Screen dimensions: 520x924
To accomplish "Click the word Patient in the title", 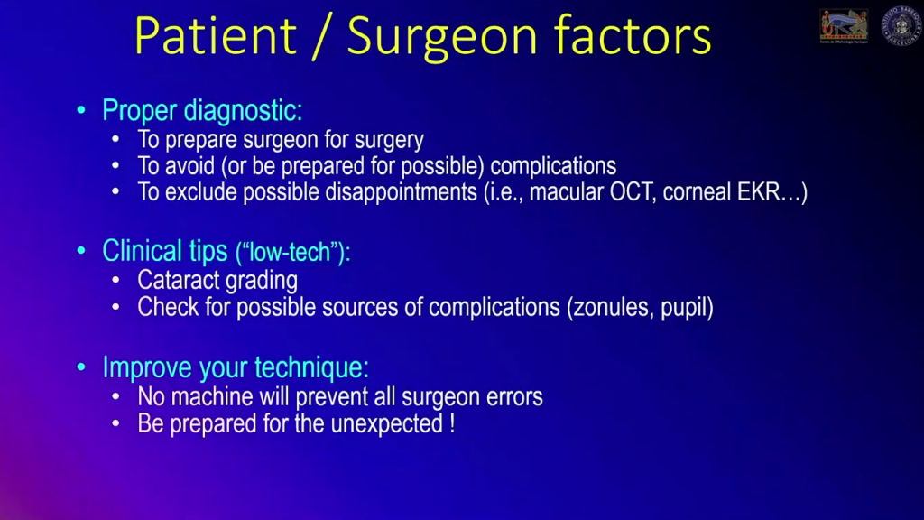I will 215,36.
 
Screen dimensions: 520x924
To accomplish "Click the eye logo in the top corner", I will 844,26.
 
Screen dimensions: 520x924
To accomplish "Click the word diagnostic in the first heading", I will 243,111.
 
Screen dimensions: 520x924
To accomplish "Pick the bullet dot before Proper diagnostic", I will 82,112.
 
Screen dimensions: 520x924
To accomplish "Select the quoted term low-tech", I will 291,253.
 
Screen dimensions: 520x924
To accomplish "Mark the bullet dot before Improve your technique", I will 82,368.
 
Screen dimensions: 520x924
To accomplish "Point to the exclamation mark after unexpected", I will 451,422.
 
